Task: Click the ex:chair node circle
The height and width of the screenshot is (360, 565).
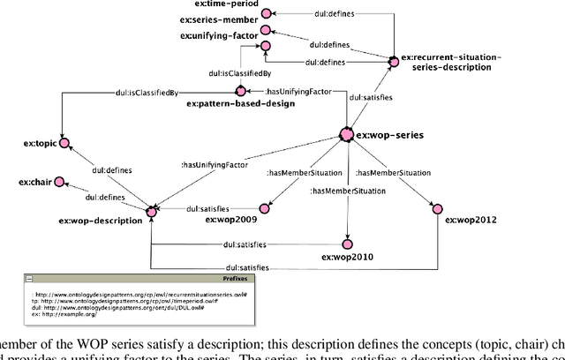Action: [x=59, y=183]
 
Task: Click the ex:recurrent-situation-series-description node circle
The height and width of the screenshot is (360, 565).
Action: [x=395, y=58]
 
